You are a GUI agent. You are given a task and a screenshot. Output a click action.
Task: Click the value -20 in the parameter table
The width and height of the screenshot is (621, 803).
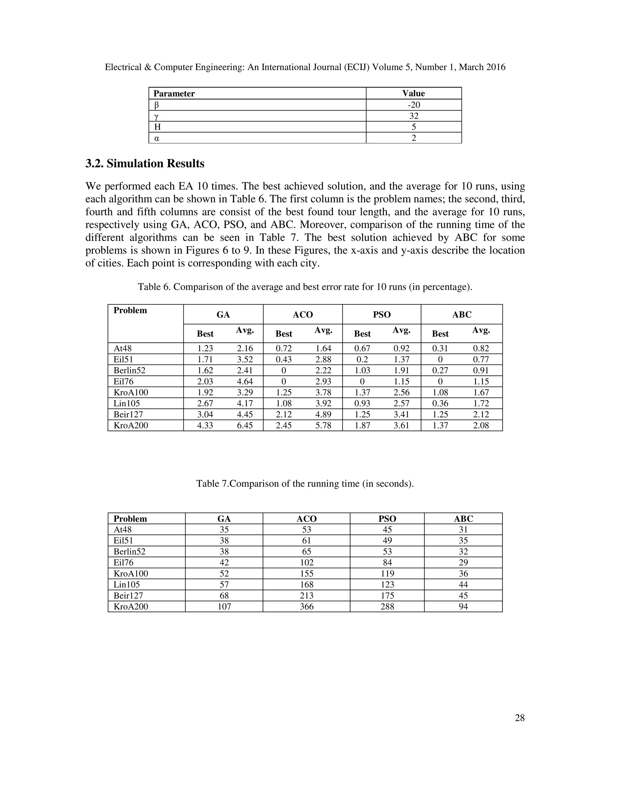coord(414,105)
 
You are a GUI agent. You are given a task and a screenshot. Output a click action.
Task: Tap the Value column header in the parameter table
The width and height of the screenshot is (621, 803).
coord(414,93)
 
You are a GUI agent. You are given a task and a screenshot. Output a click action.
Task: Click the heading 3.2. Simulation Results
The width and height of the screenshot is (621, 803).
coord(145,163)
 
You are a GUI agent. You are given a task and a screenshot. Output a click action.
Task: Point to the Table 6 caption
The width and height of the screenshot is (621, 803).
coord(305,287)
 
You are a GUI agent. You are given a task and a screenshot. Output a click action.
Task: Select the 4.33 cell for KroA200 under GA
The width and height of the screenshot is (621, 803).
coord(205,425)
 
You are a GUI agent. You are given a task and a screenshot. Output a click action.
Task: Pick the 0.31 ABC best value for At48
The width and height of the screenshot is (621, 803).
coord(440,348)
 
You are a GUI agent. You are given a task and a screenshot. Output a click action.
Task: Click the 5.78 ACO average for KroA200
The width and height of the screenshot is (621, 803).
coord(323,425)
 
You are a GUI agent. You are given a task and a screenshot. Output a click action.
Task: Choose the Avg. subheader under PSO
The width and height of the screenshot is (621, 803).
coord(401,330)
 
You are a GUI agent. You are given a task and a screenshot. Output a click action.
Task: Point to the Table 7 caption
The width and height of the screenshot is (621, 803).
coord(305,484)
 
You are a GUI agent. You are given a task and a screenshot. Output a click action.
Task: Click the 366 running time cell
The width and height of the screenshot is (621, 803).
coord(307,606)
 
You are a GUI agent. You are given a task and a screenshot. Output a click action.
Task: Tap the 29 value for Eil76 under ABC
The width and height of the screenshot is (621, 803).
coord(463,562)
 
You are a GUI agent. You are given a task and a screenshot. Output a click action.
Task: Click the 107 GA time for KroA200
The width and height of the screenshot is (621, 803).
coord(224,606)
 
